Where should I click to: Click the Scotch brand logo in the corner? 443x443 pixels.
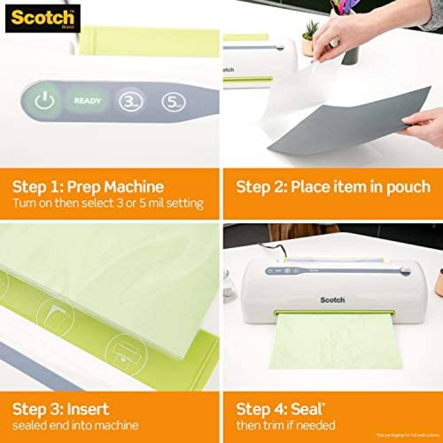coord(43,19)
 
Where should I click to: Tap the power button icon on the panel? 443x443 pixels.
coord(44,101)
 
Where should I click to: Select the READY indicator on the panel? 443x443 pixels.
coord(87,101)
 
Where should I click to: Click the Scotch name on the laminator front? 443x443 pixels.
coord(332,300)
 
